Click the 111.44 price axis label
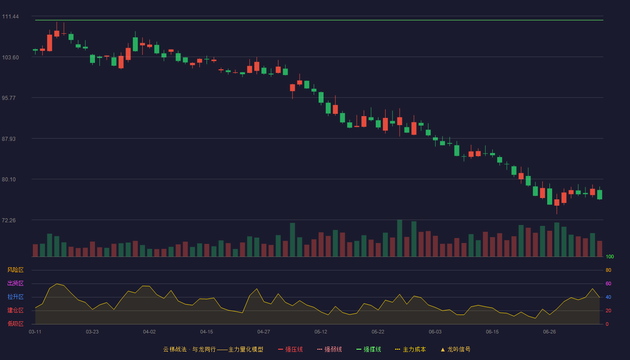coord(10,17)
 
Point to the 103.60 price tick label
coord(10,58)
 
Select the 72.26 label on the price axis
coord(9,220)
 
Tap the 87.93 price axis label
coord(9,139)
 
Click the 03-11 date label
coord(35,332)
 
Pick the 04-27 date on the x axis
coord(264,332)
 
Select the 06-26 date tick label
coord(549,332)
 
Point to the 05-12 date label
coord(320,332)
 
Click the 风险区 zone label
coord(15,270)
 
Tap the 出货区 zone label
coord(15,283)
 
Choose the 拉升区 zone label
coord(15,297)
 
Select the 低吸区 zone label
coord(15,324)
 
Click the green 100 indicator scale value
coord(610,256)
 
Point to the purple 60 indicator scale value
coord(608,283)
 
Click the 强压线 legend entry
coord(290,349)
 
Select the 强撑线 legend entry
coord(369,349)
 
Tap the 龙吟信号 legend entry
coord(455,349)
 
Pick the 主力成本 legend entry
coord(410,349)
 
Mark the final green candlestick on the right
coord(599,194)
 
